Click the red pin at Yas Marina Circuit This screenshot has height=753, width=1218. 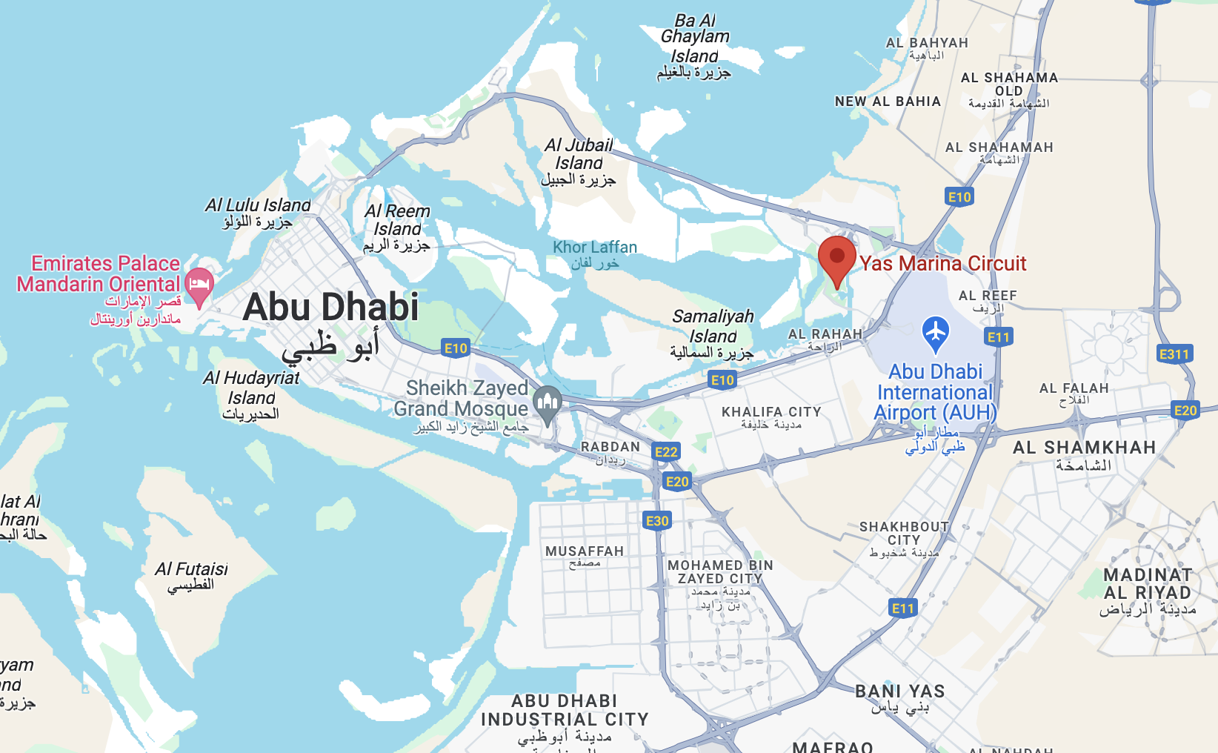click(x=836, y=257)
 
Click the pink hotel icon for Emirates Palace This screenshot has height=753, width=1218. click(x=199, y=285)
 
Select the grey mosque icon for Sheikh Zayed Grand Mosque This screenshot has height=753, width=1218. click(x=548, y=403)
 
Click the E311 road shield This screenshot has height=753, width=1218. click(x=1174, y=354)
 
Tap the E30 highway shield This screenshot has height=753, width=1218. click(x=657, y=521)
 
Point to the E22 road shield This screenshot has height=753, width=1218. click(x=666, y=452)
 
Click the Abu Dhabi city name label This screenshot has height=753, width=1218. click(x=330, y=307)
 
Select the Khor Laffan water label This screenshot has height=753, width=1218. click(x=594, y=248)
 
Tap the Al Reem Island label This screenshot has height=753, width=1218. click(x=397, y=220)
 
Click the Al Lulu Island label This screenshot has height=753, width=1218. click(x=258, y=205)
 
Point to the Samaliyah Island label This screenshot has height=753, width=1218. click(x=712, y=326)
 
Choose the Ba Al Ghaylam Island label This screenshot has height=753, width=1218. click(x=694, y=38)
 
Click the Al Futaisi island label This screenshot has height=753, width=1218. click(x=191, y=569)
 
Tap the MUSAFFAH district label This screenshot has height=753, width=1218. click(x=585, y=551)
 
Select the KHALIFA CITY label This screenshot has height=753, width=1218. click(x=771, y=412)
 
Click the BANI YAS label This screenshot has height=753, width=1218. click(x=899, y=691)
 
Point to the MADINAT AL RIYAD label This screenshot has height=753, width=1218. click(x=1148, y=584)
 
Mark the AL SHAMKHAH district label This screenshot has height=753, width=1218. click(x=1084, y=448)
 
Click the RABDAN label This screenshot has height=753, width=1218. click(x=610, y=447)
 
